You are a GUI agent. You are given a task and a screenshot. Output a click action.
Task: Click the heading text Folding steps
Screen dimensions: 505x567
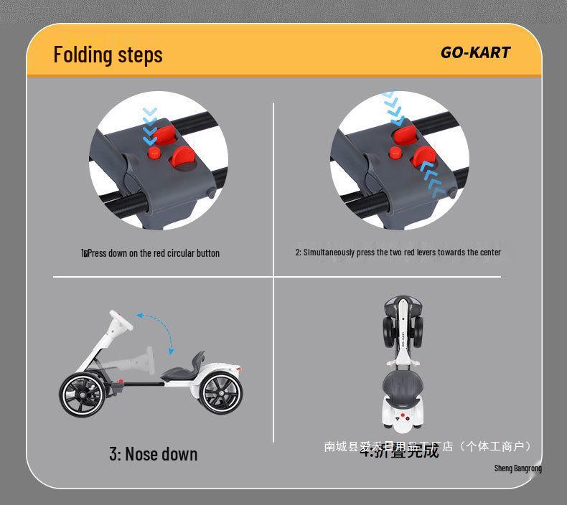point(108,55)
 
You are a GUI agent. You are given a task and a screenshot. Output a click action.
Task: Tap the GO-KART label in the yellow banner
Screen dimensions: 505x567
point(475,52)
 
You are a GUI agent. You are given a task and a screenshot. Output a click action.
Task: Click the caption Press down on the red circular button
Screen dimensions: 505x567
point(151,253)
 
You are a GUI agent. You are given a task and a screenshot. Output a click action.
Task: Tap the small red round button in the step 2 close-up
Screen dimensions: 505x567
point(395,152)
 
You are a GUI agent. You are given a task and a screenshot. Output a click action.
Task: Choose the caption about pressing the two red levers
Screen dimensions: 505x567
point(398,252)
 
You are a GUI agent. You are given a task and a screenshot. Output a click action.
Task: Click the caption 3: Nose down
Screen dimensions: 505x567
point(153,454)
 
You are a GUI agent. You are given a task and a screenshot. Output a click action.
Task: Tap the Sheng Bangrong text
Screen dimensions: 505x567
point(517,468)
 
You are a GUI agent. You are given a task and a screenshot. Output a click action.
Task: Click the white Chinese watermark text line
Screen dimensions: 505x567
point(428,446)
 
